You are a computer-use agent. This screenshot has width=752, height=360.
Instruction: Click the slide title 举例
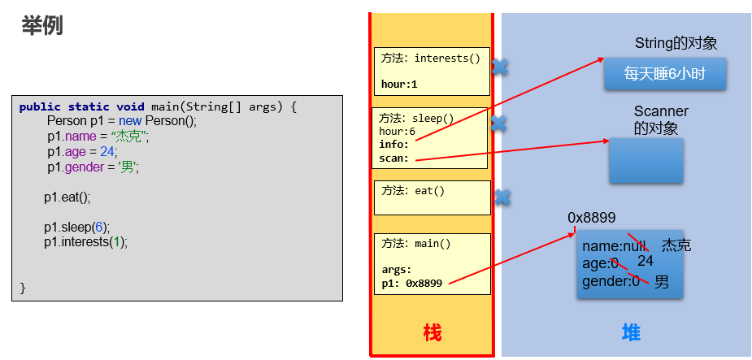(42, 26)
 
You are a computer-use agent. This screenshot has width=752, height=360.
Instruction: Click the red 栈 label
(432, 332)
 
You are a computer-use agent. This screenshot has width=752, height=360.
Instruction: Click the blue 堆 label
(631, 332)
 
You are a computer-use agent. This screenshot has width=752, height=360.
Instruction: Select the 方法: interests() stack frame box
(431, 72)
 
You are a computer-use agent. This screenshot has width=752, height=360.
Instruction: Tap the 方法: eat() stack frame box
(431, 197)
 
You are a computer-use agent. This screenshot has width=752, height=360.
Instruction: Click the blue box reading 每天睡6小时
(664, 74)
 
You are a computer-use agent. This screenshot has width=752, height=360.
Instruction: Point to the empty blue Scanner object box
(646, 160)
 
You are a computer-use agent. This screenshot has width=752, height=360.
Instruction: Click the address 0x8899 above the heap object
(591, 218)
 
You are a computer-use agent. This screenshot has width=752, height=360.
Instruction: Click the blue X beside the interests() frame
(501, 67)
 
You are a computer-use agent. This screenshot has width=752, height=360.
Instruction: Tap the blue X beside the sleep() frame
(498, 124)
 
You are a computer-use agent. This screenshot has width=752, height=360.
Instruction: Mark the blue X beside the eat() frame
(502, 197)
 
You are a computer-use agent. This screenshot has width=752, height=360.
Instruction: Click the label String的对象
(676, 44)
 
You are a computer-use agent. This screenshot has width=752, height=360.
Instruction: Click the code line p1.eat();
(67, 197)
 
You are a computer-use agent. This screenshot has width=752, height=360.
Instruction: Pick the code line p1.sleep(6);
(77, 228)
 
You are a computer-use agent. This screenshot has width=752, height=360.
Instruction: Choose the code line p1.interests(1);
(86, 242)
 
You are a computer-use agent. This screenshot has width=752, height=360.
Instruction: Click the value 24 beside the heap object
(646, 261)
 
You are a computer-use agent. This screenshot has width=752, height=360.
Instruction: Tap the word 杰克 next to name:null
(676, 245)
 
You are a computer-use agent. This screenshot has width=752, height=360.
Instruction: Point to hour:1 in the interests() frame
(399, 84)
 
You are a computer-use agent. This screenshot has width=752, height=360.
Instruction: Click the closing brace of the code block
(23, 288)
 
